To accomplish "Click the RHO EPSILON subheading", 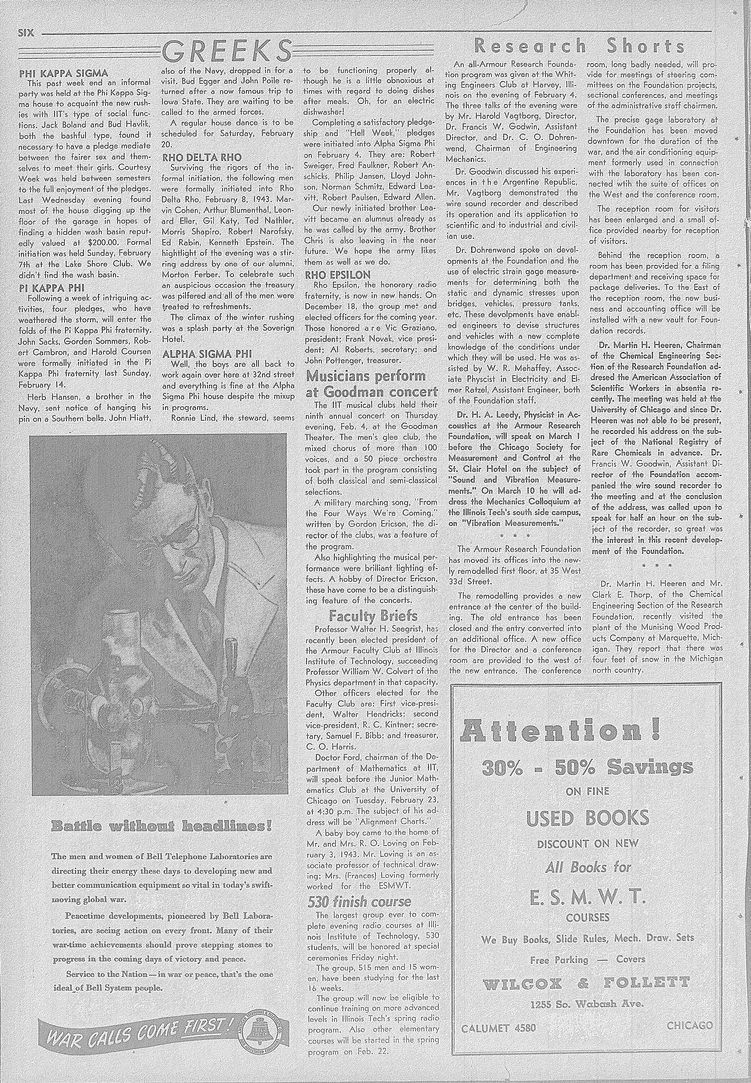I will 337,275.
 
